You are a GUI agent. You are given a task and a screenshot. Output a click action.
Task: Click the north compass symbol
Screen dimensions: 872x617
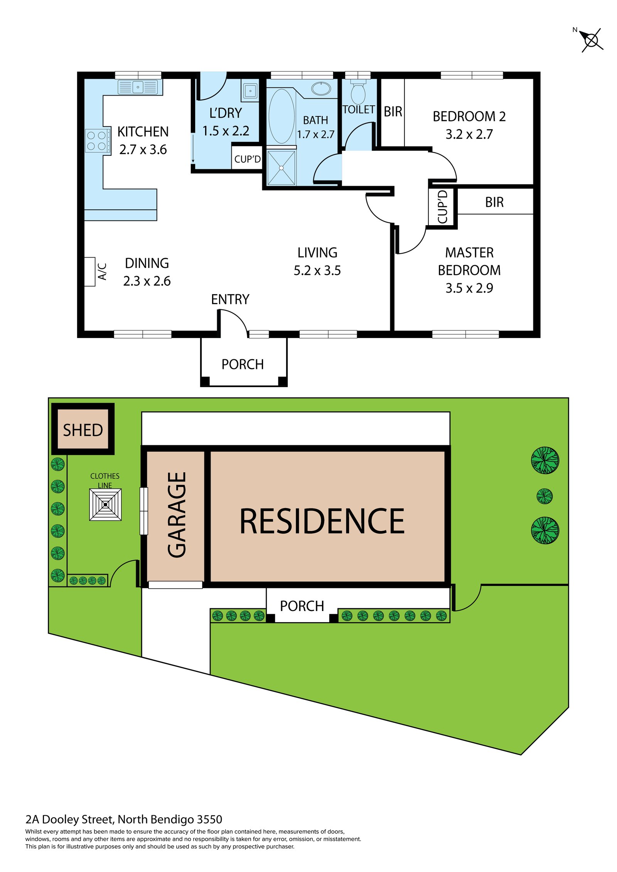click(x=591, y=40)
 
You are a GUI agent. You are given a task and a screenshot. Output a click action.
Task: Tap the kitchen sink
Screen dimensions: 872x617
click(x=138, y=87)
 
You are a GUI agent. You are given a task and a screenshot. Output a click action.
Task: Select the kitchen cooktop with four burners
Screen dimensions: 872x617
click(x=96, y=141)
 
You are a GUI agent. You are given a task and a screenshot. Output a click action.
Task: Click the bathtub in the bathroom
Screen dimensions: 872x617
click(x=282, y=116)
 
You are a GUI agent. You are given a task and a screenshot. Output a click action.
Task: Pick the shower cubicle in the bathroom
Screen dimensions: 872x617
click(x=281, y=168)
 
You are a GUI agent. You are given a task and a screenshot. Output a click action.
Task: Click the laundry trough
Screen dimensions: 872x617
click(x=250, y=91)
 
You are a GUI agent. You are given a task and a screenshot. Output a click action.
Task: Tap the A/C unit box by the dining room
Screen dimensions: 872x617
click(x=90, y=272)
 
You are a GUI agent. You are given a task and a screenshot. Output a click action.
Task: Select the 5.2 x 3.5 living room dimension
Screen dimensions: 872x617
click(x=317, y=271)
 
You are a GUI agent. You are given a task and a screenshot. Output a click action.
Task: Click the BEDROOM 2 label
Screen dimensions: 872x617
click(x=469, y=116)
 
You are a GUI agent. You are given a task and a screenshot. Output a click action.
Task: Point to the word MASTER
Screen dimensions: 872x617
click(x=469, y=253)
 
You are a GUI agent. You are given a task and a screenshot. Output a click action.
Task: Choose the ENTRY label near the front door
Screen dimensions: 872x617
click(x=230, y=300)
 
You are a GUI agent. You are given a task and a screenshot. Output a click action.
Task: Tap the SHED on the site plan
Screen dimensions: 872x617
click(x=83, y=430)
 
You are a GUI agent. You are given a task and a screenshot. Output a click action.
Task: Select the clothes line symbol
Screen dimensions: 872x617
click(x=105, y=504)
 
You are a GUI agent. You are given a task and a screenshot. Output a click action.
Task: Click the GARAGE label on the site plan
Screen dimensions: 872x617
click(x=177, y=515)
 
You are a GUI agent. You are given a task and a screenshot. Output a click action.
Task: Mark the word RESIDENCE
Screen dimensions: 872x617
click(x=322, y=521)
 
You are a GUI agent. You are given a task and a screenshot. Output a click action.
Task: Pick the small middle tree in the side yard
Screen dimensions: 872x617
click(x=544, y=496)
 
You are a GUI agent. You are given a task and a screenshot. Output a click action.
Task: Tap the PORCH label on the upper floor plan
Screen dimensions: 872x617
click(x=243, y=364)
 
